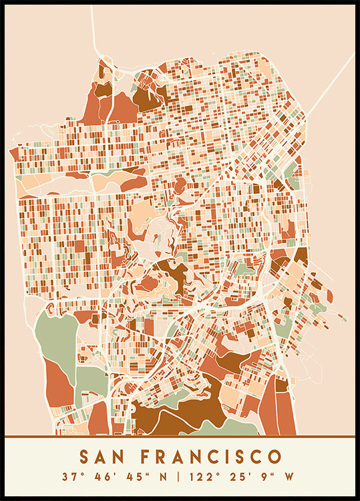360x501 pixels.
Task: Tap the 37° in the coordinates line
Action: (x=69, y=477)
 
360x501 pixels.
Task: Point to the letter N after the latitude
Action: (x=163, y=477)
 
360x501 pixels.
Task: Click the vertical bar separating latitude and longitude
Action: (x=179, y=477)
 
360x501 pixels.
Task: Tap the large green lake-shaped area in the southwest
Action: (x=56, y=334)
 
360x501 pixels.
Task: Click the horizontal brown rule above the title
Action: (x=180, y=437)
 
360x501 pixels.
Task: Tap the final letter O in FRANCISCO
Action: (x=274, y=457)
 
